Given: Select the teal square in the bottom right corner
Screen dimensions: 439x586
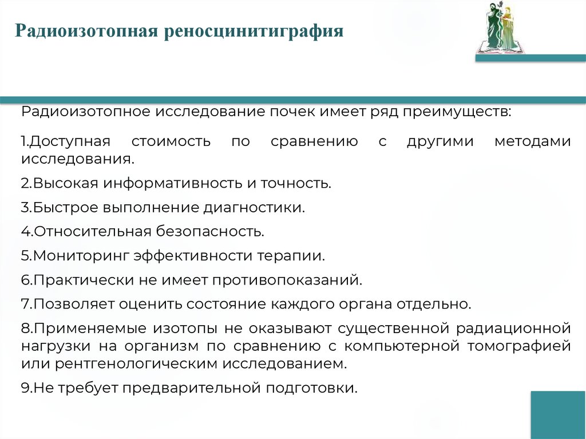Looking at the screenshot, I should pos(558,414).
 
